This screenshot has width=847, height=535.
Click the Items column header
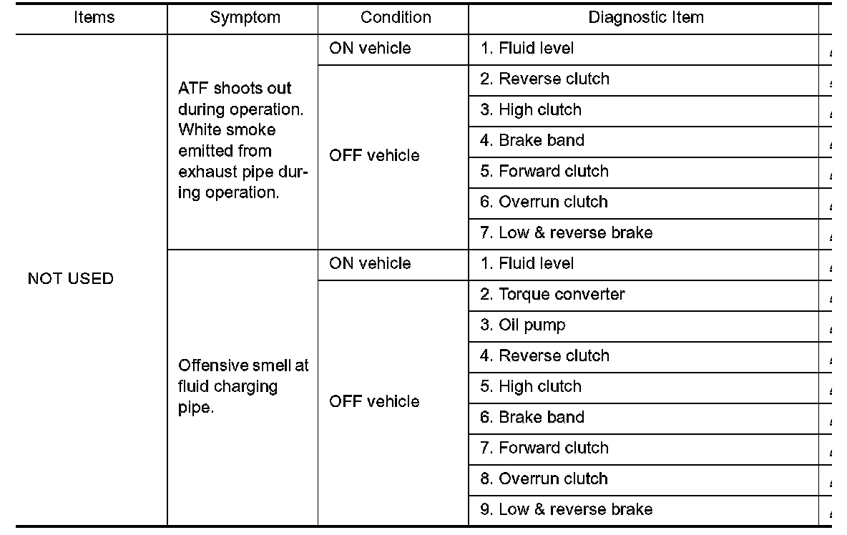93,18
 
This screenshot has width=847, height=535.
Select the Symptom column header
245,18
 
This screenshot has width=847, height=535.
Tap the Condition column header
396,18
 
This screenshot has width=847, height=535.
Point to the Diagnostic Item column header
645,18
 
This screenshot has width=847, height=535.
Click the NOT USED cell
70,279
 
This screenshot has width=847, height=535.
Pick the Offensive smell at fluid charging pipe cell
243,386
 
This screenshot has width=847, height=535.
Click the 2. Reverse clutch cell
544,79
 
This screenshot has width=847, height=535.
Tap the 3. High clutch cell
530,109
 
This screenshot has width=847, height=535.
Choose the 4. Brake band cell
532,140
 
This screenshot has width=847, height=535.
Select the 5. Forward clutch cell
544,171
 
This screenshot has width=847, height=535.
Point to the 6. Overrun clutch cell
544,202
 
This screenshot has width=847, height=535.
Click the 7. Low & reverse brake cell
566,232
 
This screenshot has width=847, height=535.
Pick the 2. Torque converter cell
552,294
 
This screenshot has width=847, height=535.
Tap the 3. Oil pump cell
522,325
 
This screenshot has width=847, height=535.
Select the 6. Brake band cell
532,417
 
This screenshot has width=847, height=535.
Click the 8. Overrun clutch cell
544,478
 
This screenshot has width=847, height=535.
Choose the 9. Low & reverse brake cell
566,509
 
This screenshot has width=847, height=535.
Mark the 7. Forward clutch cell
544,448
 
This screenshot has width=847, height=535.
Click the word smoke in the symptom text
250,130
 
